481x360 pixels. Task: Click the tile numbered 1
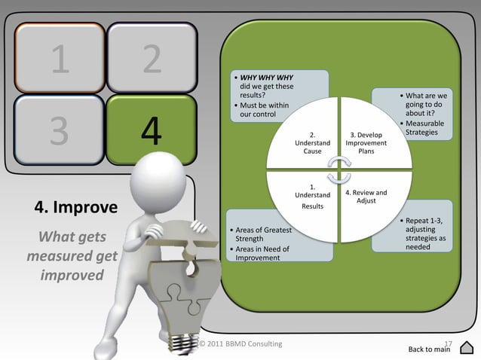(58, 59)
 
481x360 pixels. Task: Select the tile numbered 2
(152, 59)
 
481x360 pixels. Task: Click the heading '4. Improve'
(75, 207)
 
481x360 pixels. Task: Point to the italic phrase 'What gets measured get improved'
(72, 256)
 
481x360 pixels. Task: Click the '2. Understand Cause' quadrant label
(312, 144)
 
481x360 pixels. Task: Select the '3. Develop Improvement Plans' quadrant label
(366, 144)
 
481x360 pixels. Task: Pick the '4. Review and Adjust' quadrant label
(366, 197)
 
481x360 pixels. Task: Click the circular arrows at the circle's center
(339, 169)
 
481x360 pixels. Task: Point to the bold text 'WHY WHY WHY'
(261, 78)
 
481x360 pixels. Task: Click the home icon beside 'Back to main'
(466, 347)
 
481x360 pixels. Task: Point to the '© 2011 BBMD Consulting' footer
(240, 344)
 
